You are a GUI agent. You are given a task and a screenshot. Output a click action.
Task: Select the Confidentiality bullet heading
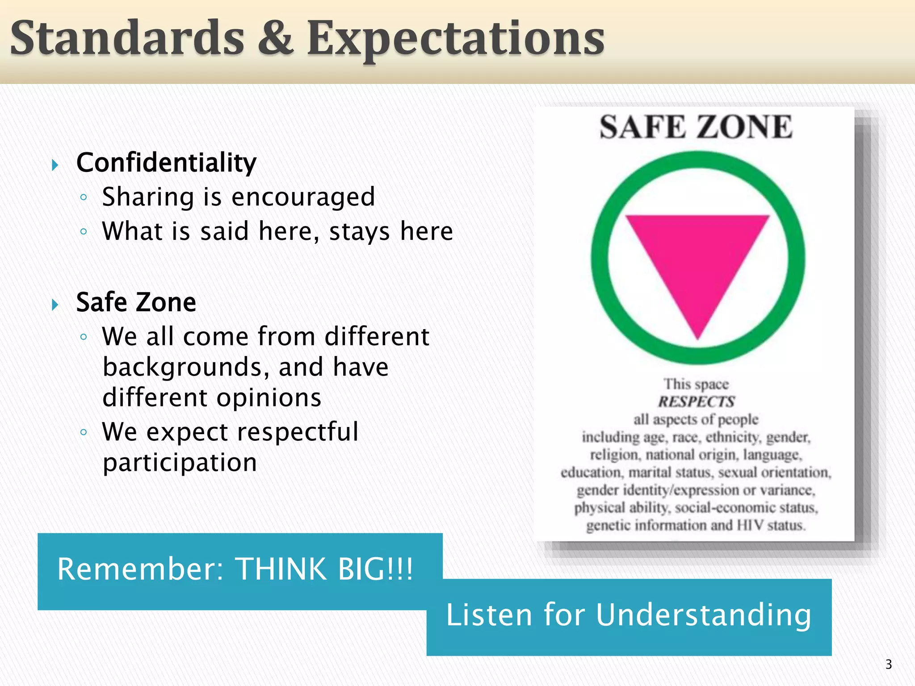166,163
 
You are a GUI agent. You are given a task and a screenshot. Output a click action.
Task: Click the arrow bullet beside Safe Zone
55,305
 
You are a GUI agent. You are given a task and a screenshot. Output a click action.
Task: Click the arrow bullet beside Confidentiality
55,165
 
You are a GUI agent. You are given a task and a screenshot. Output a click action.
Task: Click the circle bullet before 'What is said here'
84,231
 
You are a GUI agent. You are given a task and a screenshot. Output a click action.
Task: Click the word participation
180,463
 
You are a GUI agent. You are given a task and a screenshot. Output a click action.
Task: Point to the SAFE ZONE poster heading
696,127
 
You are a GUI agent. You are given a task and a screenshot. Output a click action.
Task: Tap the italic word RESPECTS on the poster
696,402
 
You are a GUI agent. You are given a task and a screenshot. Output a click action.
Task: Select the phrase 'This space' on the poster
696,384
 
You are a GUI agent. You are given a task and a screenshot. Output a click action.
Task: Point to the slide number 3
888,664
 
